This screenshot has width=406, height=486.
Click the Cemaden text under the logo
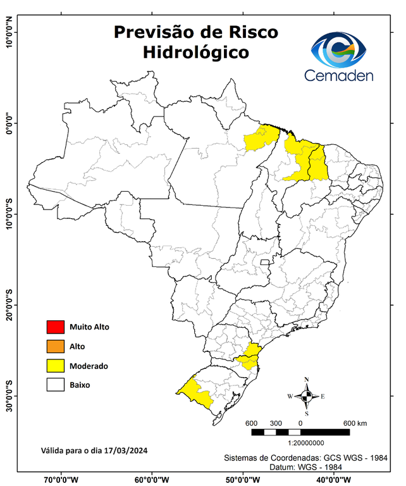pyautogui.click(x=339, y=75)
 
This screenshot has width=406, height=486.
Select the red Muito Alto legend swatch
pyautogui.click(x=56, y=327)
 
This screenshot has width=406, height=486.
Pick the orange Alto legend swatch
pyautogui.click(x=56, y=346)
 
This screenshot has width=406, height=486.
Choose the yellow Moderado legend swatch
pyautogui.click(x=56, y=365)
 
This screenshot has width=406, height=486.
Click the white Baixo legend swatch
pyautogui.click(x=56, y=384)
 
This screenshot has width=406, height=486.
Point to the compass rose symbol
pyautogui.click(x=306, y=396)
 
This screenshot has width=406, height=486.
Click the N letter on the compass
pyautogui.click(x=307, y=380)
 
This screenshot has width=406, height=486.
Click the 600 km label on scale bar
pyautogui.click(x=355, y=423)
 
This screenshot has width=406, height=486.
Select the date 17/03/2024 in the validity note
pyautogui.click(x=126, y=451)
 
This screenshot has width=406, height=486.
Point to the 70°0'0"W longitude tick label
pyautogui.click(x=61, y=479)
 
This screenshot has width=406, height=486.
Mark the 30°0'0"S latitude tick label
pyautogui.click(x=9, y=396)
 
